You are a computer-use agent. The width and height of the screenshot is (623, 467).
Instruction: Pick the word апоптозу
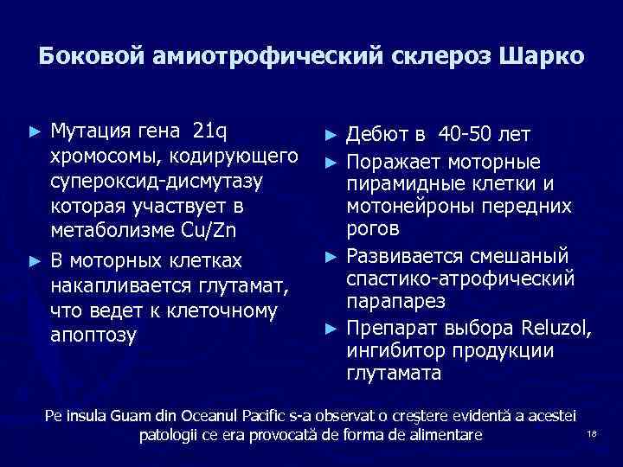coord(93,336)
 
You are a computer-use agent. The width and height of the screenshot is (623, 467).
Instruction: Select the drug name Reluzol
coord(557,328)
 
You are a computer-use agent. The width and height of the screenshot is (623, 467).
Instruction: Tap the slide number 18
coord(592,434)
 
